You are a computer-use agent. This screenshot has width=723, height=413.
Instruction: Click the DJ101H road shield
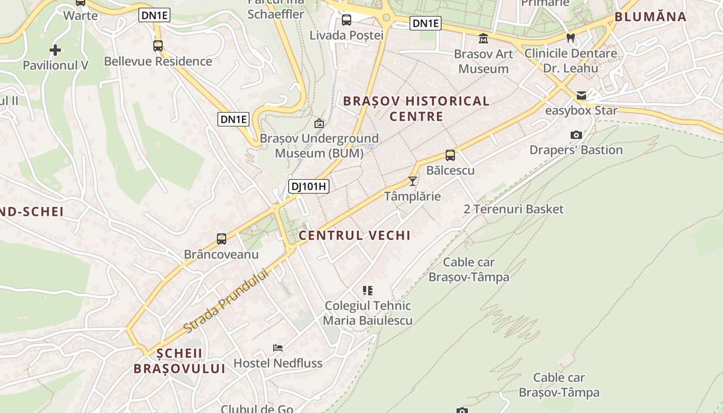tap(309, 186)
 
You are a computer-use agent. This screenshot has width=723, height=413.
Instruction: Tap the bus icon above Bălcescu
tap(450, 155)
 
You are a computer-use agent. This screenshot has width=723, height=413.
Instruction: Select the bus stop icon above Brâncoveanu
tap(222, 239)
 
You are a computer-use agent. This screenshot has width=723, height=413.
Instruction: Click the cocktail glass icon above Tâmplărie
tap(412, 181)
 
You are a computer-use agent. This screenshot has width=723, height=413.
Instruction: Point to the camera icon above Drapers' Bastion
tap(576, 135)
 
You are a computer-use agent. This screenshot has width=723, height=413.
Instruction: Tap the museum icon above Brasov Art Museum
tap(483, 38)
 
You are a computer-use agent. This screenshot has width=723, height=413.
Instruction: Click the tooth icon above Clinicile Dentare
tap(571, 37)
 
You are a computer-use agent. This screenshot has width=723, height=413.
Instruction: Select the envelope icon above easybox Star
tap(581, 95)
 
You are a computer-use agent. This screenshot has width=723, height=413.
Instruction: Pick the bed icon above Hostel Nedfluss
tap(278, 348)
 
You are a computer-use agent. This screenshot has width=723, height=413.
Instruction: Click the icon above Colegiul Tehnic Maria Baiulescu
tap(368, 290)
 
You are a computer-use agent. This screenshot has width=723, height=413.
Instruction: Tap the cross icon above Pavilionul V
tap(55, 50)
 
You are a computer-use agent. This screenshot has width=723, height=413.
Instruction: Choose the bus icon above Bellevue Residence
tap(158, 46)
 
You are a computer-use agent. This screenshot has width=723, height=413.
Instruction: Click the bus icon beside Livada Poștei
tap(347, 20)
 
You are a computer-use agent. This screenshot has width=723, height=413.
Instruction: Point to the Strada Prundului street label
tap(227, 301)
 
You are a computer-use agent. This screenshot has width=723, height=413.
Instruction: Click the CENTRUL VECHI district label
tap(355, 235)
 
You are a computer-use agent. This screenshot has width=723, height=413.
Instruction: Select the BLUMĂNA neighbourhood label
tap(650, 17)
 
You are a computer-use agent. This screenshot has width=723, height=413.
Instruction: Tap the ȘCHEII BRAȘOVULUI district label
tap(179, 361)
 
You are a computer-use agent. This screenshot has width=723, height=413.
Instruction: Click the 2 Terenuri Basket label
tap(513, 209)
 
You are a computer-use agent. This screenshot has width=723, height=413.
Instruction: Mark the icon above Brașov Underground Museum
tap(319, 123)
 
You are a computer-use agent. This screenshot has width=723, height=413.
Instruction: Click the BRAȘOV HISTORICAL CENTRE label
tap(416, 108)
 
